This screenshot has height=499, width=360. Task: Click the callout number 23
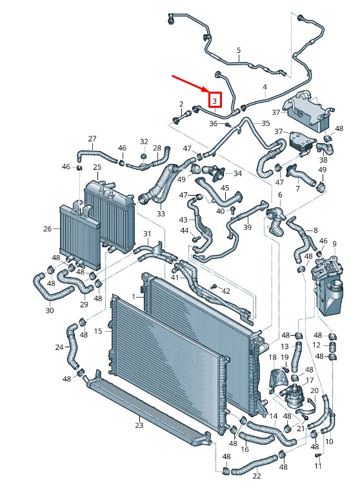[x=139, y=425]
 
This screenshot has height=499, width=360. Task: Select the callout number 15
[x=98, y=331]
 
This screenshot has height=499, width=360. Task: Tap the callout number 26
[x=47, y=229]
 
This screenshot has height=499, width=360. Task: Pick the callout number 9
[x=334, y=244]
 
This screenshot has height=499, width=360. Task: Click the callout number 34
[x=237, y=174]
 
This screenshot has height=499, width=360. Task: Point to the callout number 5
[x=239, y=50]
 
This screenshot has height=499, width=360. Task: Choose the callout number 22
[x=257, y=476]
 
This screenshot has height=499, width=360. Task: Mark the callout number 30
[x=50, y=310]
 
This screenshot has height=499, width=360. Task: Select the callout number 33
[x=161, y=213]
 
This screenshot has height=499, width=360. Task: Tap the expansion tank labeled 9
[x=327, y=285]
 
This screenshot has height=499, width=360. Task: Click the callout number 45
[x=225, y=188]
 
